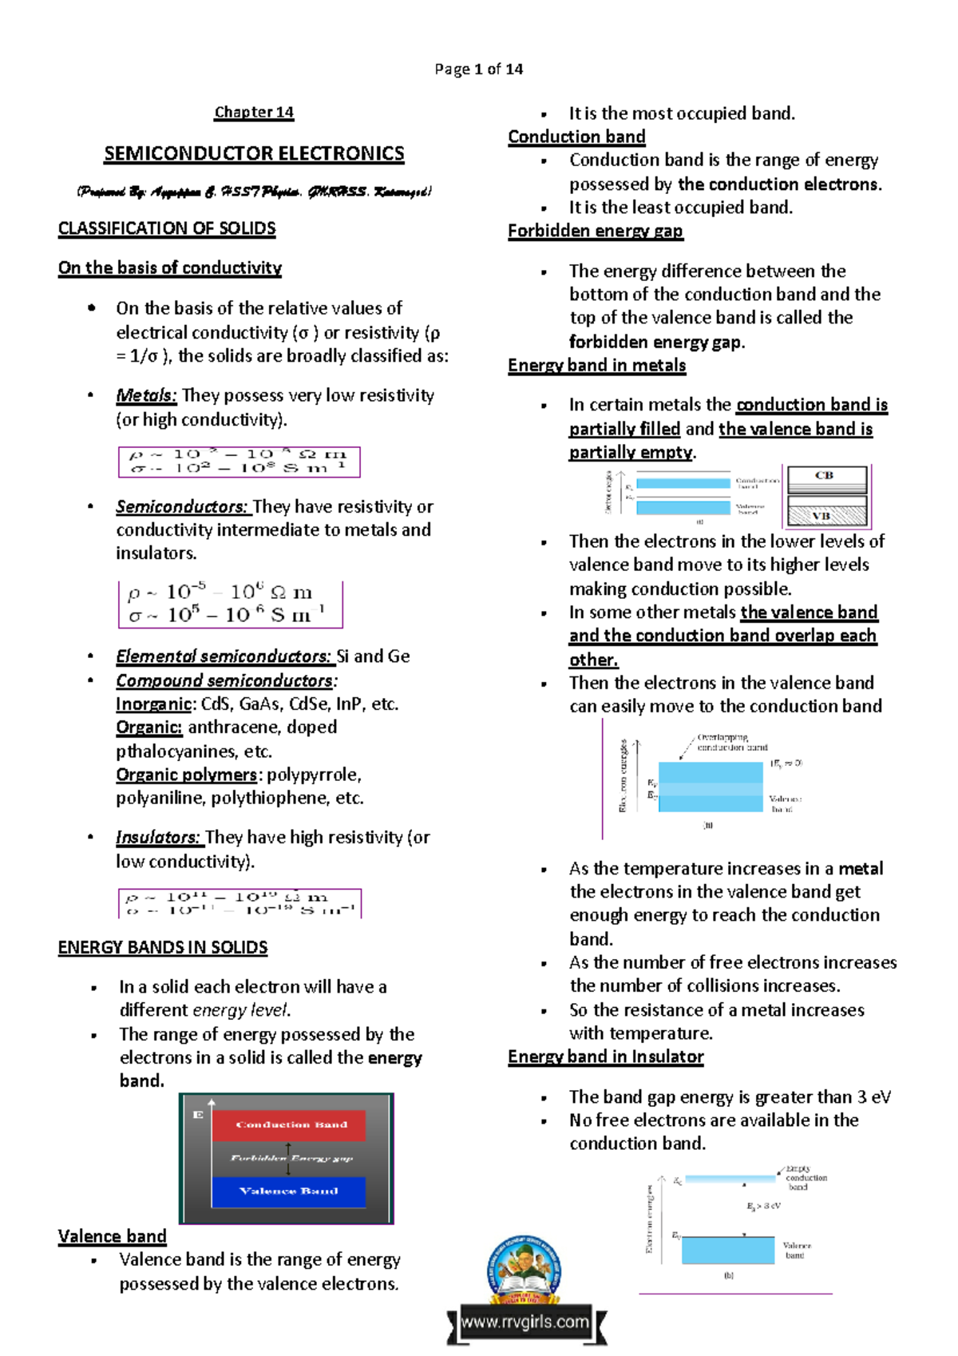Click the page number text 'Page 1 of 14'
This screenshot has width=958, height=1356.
pos(478,69)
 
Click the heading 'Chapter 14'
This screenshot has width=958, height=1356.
pos(254,113)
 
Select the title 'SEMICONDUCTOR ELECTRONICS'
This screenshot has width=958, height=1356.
pos(254,153)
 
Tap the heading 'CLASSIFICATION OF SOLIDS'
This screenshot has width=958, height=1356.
pos(167,229)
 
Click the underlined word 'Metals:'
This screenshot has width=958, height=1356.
pos(145,395)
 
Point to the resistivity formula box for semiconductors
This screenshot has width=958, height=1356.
pos(230,604)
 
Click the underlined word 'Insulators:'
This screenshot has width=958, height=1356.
pos(158,838)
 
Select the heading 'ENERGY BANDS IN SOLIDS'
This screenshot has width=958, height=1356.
pos(162,948)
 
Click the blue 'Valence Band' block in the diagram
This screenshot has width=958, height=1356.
pos(288,1191)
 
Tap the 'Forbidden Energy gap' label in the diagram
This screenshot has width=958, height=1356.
pos(291,1158)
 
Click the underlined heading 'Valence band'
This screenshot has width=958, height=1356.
pos(112,1237)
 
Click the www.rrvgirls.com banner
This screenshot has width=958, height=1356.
pos(525,1322)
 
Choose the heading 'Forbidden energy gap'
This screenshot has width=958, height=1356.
pos(596,232)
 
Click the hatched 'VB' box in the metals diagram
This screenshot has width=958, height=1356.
pos(826,512)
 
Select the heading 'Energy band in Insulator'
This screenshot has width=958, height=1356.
pos(605,1057)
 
